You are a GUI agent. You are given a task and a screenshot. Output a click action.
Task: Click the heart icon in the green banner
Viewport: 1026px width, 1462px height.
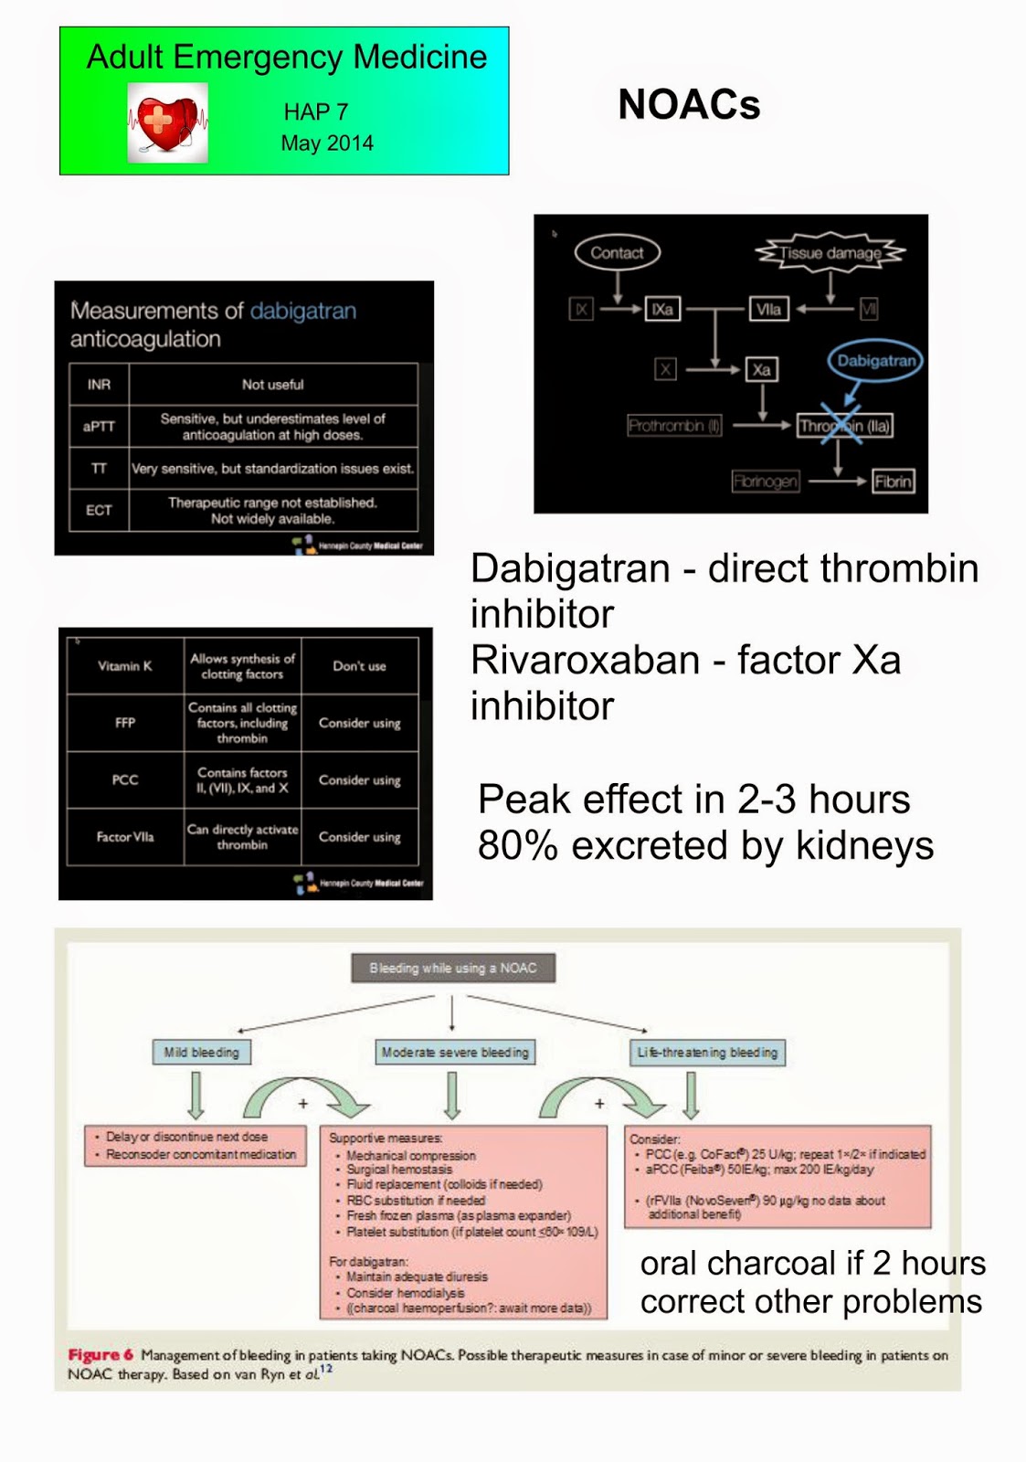pos(167,122)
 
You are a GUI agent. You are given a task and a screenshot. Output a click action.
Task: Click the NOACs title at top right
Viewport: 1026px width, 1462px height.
pos(689,104)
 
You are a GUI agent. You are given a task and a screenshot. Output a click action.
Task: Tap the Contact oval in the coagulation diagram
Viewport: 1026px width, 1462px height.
pos(617,253)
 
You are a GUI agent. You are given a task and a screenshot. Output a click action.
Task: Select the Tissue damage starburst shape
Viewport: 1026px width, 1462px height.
pos(830,253)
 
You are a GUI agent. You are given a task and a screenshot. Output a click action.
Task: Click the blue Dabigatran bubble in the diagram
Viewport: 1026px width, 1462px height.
pos(875,360)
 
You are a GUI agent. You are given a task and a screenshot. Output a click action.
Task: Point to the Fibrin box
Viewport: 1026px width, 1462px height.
pos(892,482)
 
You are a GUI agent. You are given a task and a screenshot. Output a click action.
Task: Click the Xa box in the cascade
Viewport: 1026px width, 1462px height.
pos(761,369)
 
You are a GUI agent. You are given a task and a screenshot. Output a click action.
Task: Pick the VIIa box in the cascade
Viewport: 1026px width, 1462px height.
pos(768,309)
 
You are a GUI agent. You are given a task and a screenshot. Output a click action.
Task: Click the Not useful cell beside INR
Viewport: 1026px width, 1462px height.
pos(272,385)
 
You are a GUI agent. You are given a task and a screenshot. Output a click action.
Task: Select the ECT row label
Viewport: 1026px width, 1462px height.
pos(99,510)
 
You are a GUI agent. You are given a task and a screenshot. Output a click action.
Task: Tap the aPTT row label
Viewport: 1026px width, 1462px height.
pos(99,426)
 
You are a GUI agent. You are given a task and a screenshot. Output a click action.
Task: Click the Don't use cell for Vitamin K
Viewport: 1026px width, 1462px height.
pos(359,666)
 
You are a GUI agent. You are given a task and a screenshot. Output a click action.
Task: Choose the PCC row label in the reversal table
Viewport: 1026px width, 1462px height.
pos(125,779)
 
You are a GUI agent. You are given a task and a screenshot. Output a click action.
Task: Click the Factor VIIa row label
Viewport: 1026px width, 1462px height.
pos(125,836)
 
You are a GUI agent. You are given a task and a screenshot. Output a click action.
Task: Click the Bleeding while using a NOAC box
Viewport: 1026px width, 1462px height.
pos(453,968)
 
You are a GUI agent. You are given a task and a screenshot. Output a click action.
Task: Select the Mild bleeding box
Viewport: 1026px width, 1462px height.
pos(201,1052)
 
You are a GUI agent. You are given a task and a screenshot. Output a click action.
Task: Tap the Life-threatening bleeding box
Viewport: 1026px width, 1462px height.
pos(707,1052)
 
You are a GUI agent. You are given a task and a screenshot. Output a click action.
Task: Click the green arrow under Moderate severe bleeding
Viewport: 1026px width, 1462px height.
pos(452,1095)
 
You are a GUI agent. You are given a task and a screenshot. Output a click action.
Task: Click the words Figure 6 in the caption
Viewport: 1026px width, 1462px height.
pos(100,1355)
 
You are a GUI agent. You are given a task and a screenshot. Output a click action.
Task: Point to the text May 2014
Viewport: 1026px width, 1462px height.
pos(327,143)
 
